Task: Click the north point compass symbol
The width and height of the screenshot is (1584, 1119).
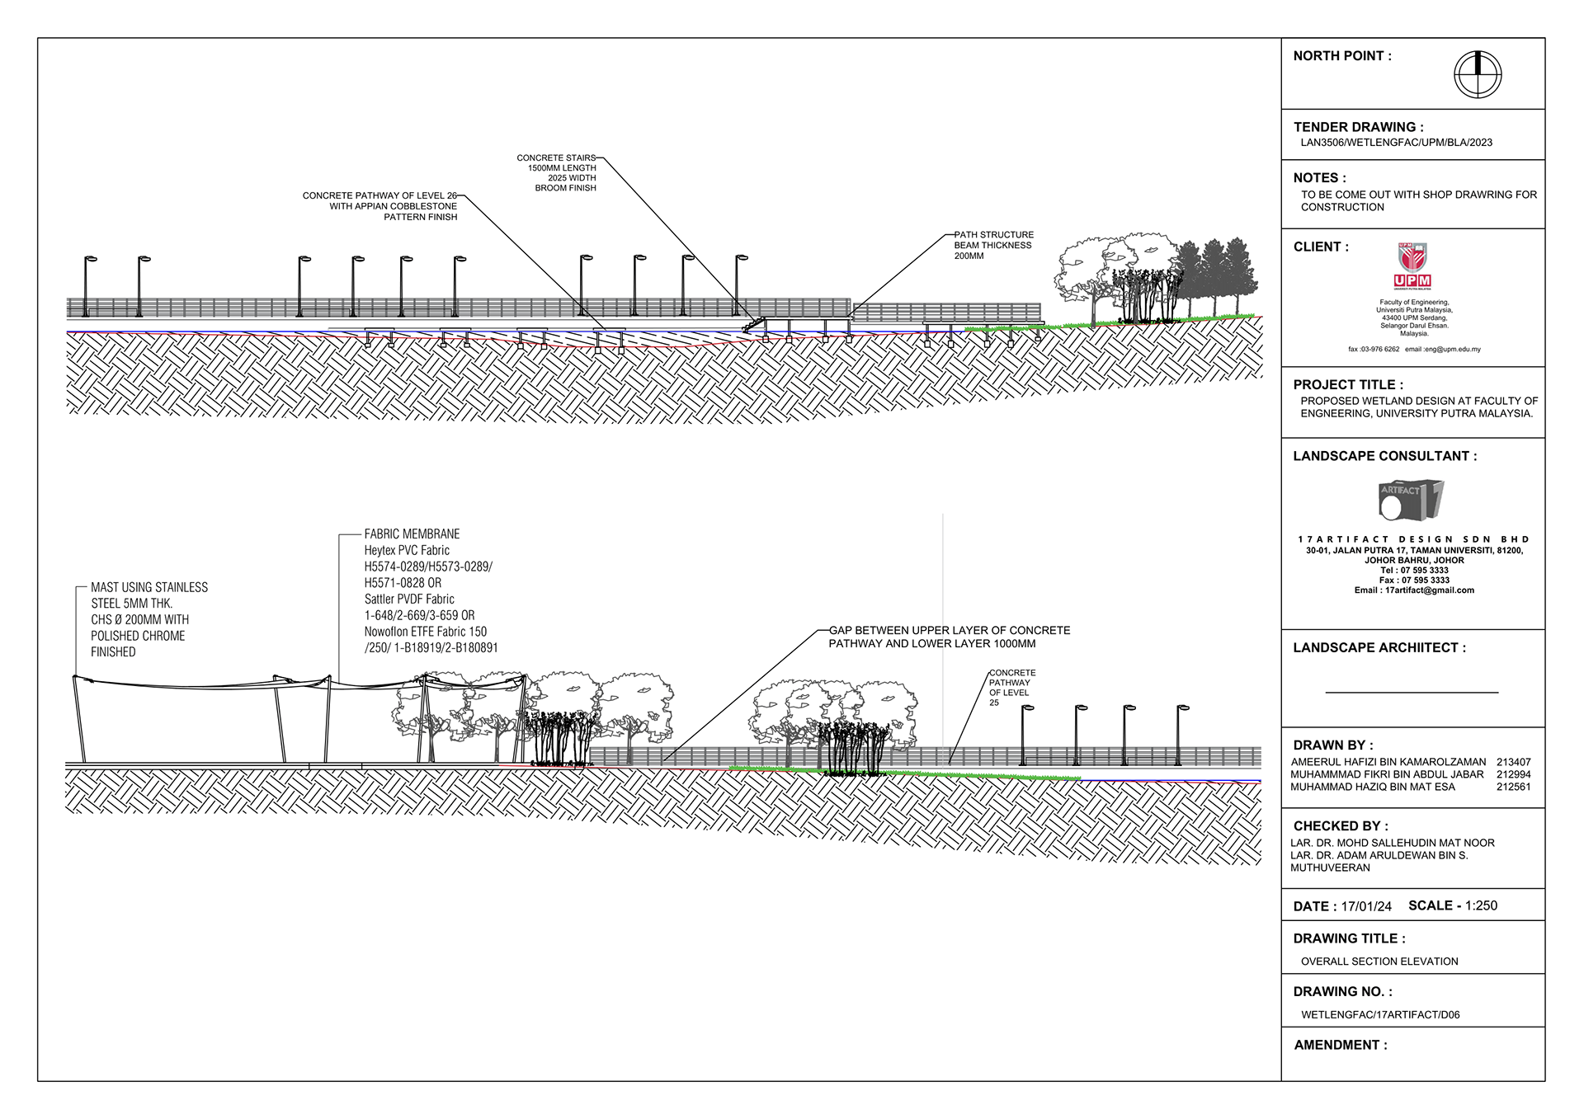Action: point(1477,74)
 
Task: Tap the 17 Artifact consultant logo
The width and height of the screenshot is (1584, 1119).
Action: point(1411,500)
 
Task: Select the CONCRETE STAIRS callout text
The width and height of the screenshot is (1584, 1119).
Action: point(557,172)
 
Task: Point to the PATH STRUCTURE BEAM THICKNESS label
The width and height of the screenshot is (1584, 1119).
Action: point(993,246)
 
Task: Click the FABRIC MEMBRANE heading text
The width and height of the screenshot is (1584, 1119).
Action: point(412,534)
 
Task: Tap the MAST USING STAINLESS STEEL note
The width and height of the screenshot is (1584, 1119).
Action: point(148,619)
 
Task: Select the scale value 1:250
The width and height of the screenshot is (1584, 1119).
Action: point(1481,905)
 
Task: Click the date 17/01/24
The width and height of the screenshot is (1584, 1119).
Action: point(1365,906)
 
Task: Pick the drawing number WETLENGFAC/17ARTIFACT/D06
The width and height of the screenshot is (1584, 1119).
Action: point(1380,1015)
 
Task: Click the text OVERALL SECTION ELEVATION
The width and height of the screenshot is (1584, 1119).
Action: point(1379,961)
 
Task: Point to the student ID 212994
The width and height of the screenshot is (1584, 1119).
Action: point(1513,774)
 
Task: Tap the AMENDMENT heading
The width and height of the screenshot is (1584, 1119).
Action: point(1341,1045)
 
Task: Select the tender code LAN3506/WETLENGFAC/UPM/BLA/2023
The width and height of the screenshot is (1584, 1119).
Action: point(1396,143)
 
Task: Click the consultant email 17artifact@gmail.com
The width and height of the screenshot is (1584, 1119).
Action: point(1429,590)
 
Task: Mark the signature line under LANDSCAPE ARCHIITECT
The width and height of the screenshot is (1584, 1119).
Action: point(1412,693)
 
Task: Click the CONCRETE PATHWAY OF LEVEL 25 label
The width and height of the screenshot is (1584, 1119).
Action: point(1011,688)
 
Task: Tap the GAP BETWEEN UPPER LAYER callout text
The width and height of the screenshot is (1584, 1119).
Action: point(949,637)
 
